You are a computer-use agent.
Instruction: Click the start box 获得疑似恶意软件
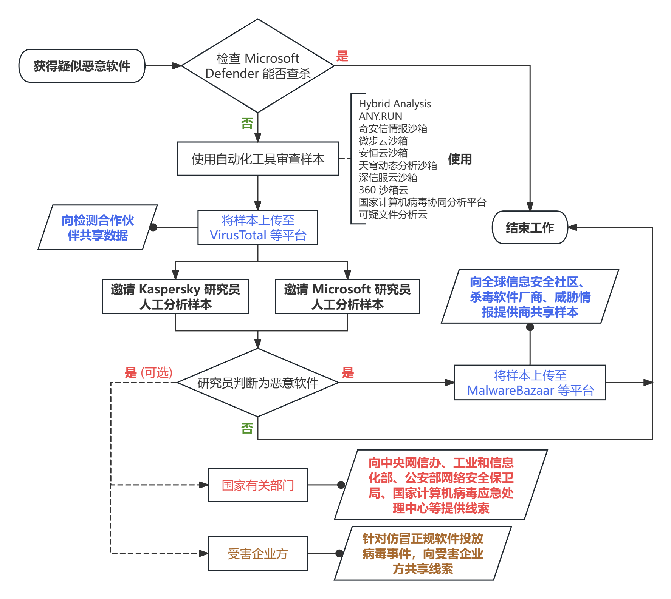(x=82, y=66)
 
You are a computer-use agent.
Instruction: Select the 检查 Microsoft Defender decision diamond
(x=257, y=66)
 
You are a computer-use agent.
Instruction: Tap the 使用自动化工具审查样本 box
(x=257, y=159)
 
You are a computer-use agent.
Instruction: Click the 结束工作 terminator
(x=530, y=227)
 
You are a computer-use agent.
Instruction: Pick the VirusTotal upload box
(x=257, y=227)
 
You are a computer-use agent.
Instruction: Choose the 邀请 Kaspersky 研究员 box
(x=175, y=296)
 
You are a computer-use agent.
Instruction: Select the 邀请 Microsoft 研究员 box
(x=347, y=296)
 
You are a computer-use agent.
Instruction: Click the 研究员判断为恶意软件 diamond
(x=257, y=383)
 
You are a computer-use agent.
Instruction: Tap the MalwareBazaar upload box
(x=530, y=383)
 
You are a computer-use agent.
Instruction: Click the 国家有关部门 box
(x=257, y=485)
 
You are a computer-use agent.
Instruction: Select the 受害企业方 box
(x=257, y=554)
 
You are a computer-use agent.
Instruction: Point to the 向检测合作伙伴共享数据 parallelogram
(x=98, y=227)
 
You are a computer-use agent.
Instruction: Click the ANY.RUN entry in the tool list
(x=380, y=116)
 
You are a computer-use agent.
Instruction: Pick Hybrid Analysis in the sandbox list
(x=395, y=103)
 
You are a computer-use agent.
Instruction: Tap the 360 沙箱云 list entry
(x=383, y=190)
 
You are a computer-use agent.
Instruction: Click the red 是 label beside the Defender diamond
(x=342, y=56)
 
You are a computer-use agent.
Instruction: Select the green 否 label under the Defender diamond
(x=247, y=123)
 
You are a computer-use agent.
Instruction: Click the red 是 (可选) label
(x=149, y=373)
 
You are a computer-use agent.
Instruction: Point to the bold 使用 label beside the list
(x=460, y=159)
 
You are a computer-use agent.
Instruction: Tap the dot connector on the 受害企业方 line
(x=339, y=554)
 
